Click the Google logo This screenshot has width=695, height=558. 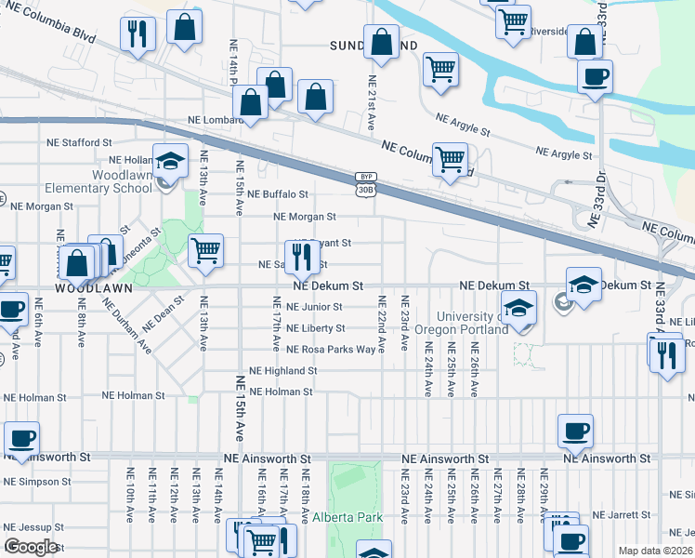(30, 546)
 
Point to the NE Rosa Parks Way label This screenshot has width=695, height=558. (331, 350)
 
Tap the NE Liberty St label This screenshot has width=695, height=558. (315, 328)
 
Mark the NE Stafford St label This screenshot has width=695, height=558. (80, 143)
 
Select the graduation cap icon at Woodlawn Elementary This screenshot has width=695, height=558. (170, 162)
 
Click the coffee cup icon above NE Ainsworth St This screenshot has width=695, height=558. (575, 432)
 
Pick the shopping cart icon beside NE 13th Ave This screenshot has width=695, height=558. (205, 249)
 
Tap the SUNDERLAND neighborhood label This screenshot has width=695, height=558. (373, 45)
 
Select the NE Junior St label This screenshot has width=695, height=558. (314, 307)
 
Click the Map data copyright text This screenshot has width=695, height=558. (654, 551)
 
